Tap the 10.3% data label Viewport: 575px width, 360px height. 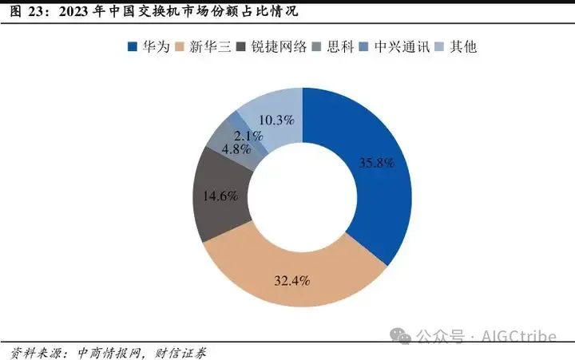pos(276,121)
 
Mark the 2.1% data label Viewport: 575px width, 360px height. pos(248,136)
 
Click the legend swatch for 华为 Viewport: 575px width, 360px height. pos(133,47)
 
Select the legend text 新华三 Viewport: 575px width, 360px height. pos(210,47)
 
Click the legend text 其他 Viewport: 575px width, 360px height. pos(463,47)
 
